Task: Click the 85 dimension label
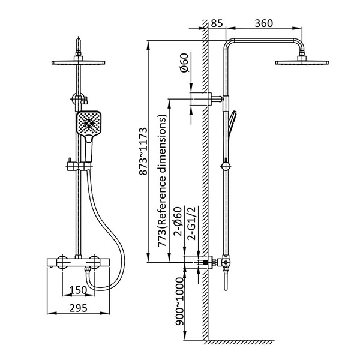[x=217, y=23]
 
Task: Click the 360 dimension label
[x=264, y=23]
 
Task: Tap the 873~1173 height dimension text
[x=143, y=152]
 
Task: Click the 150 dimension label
[x=78, y=290]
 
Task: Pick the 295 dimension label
[x=78, y=308]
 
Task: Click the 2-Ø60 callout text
[x=178, y=221]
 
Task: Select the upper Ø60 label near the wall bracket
[x=184, y=62]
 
